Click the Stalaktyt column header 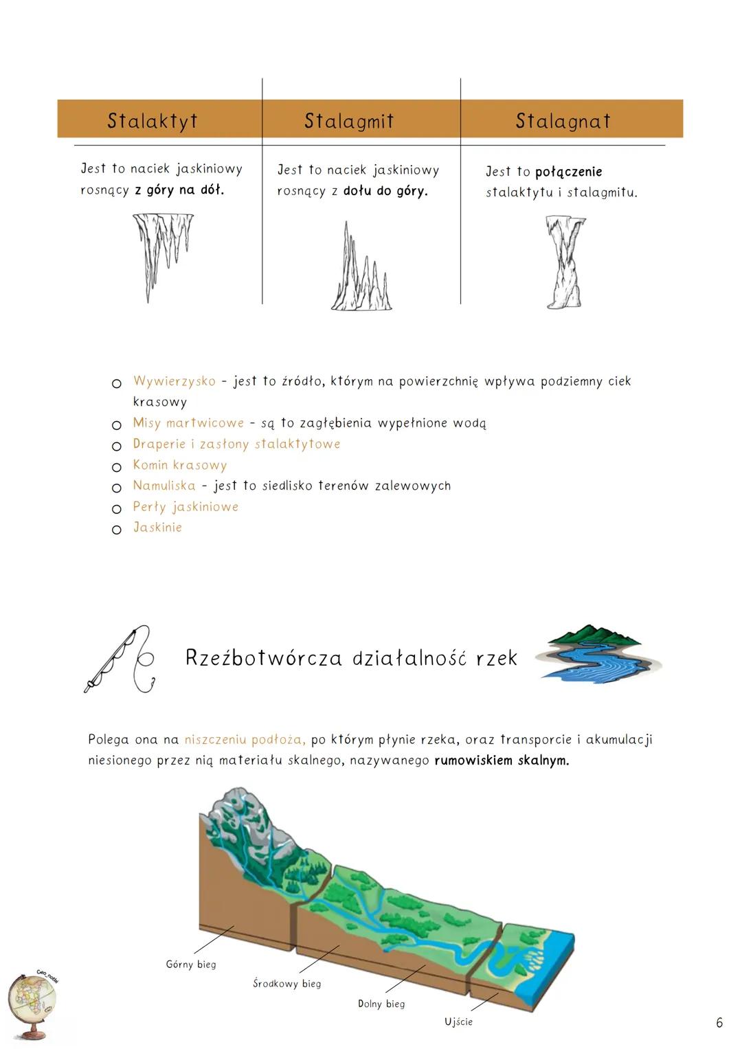point(153,121)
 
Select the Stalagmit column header point(349,121)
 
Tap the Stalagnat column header point(563,121)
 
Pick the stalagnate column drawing point(565,261)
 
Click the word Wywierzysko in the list point(175,381)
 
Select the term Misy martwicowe point(188,423)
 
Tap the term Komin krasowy point(179,465)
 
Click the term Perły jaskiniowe point(185,507)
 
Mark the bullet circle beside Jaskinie point(117,530)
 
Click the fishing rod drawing point(120,659)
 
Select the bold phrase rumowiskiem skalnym point(502,760)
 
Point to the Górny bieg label point(191,965)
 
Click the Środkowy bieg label point(286,984)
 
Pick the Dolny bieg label point(381,1004)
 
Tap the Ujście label point(458,1022)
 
